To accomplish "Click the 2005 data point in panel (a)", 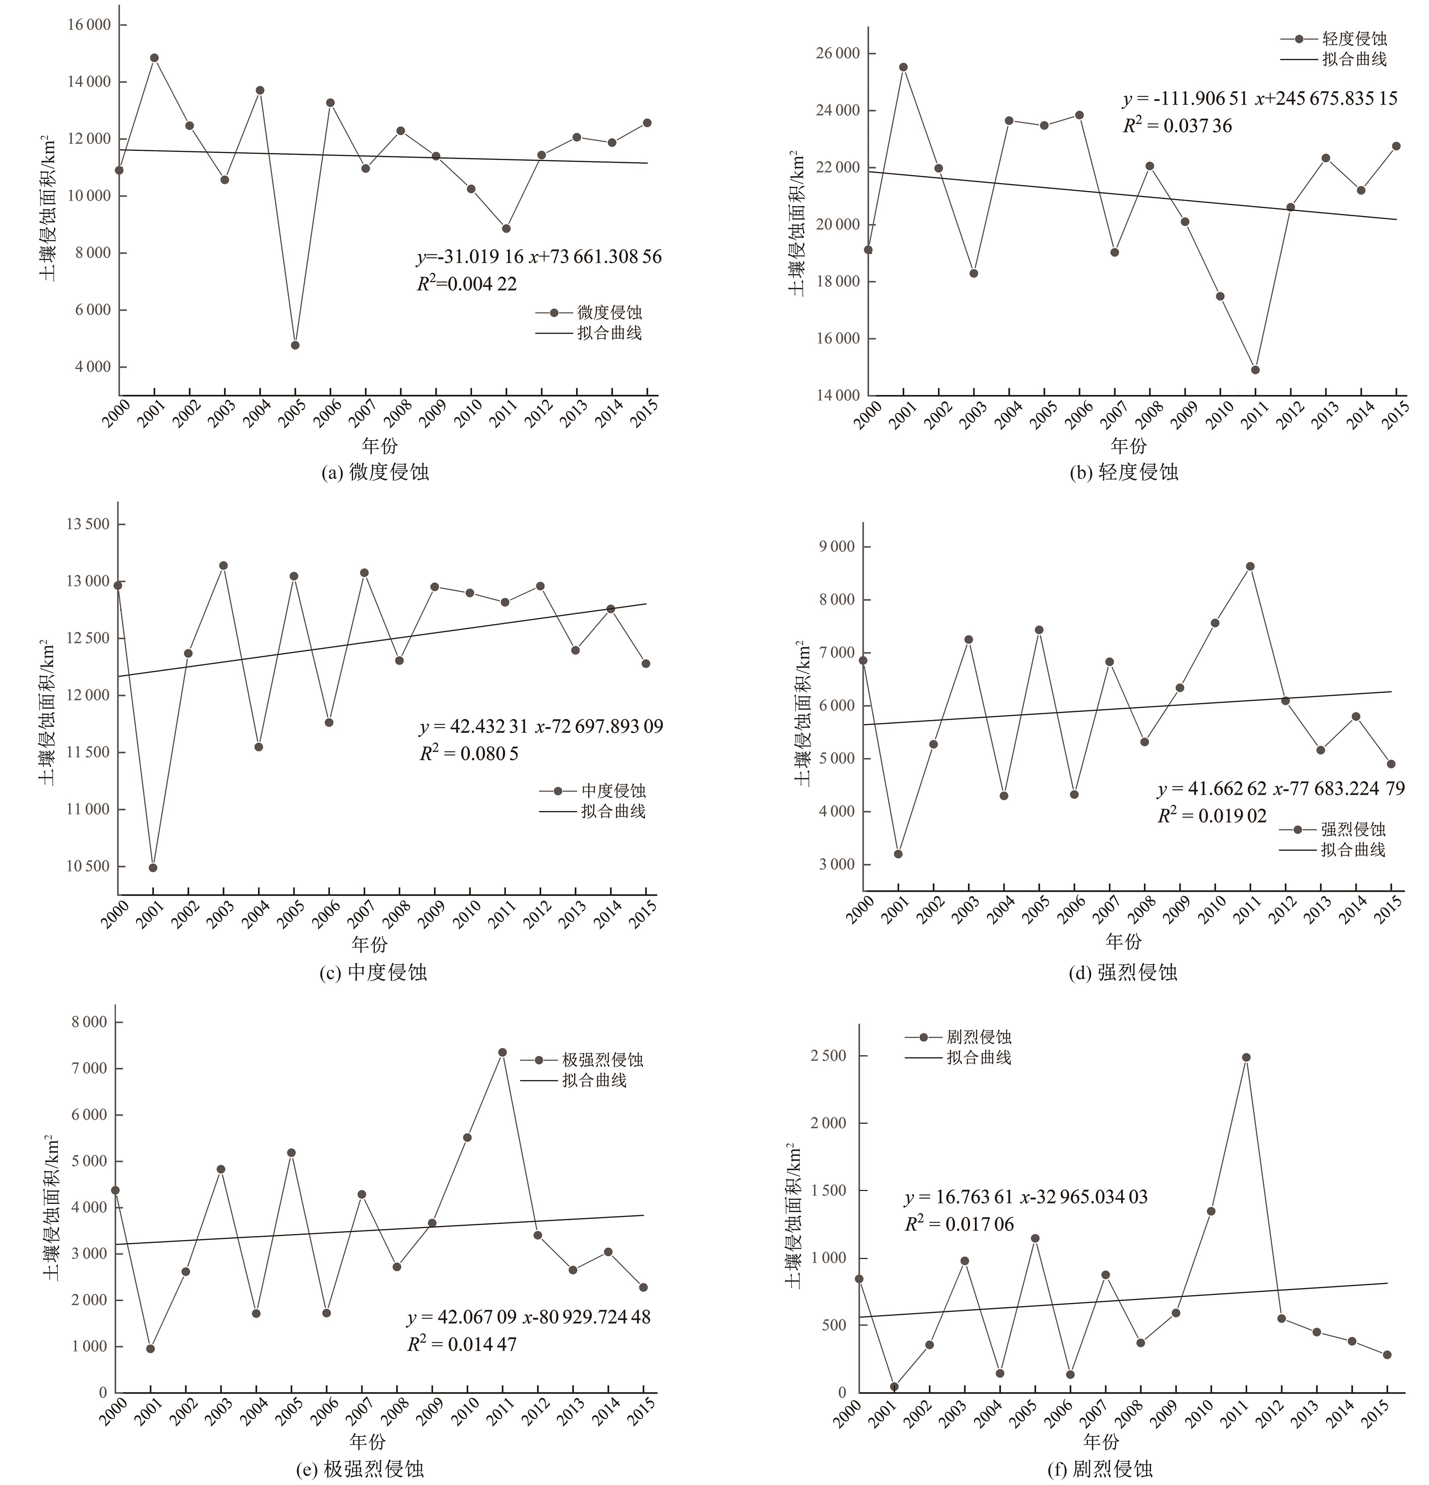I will pyautogui.click(x=295, y=345).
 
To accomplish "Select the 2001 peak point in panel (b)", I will pyautogui.click(x=903, y=67).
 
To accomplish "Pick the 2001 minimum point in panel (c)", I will pyautogui.click(x=153, y=867).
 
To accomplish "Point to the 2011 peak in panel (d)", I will pyautogui.click(x=1250, y=566).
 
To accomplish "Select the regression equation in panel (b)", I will pyautogui.click(x=1259, y=99).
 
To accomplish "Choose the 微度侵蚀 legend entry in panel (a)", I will pyautogui.click(x=608, y=312).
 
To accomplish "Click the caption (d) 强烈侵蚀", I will pyautogui.click(x=1123, y=972).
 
